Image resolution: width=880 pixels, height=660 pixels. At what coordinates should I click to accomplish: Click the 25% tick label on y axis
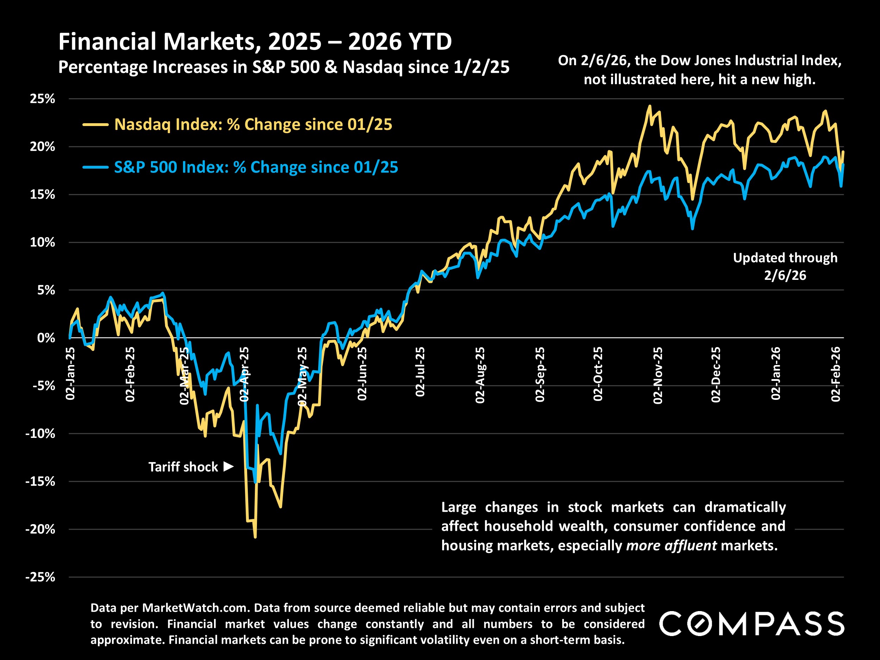click(x=42, y=99)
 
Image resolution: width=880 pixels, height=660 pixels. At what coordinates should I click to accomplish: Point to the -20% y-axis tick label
click(x=40, y=529)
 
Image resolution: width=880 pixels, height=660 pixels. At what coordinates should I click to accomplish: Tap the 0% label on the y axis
click(x=46, y=338)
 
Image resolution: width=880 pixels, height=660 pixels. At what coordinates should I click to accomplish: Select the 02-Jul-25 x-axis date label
click(x=420, y=372)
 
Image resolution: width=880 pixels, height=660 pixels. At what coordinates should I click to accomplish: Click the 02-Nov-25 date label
click(x=658, y=375)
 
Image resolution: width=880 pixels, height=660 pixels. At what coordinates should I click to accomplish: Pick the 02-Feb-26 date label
click(x=836, y=374)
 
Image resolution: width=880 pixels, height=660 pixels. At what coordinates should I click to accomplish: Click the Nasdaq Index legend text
click(x=253, y=125)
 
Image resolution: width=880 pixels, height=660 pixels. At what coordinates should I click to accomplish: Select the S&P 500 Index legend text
click(x=256, y=167)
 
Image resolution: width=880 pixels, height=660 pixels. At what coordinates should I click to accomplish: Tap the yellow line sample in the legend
click(x=95, y=125)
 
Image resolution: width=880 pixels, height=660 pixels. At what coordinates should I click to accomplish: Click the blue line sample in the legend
click(x=95, y=168)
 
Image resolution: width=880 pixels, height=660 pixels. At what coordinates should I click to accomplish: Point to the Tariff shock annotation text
click(x=183, y=467)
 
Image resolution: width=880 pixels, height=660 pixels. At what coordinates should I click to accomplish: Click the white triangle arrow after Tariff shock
click(x=228, y=466)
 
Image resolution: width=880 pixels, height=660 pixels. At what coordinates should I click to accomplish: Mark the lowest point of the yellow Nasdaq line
click(x=255, y=537)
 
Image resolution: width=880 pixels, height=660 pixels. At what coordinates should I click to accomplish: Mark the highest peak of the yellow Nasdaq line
click(x=650, y=106)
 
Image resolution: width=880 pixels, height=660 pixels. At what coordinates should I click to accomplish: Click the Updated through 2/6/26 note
click(x=785, y=266)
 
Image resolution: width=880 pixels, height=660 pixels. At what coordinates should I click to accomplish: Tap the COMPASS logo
click(x=752, y=623)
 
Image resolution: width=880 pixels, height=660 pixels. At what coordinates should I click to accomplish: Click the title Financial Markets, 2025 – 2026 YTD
click(x=255, y=42)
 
